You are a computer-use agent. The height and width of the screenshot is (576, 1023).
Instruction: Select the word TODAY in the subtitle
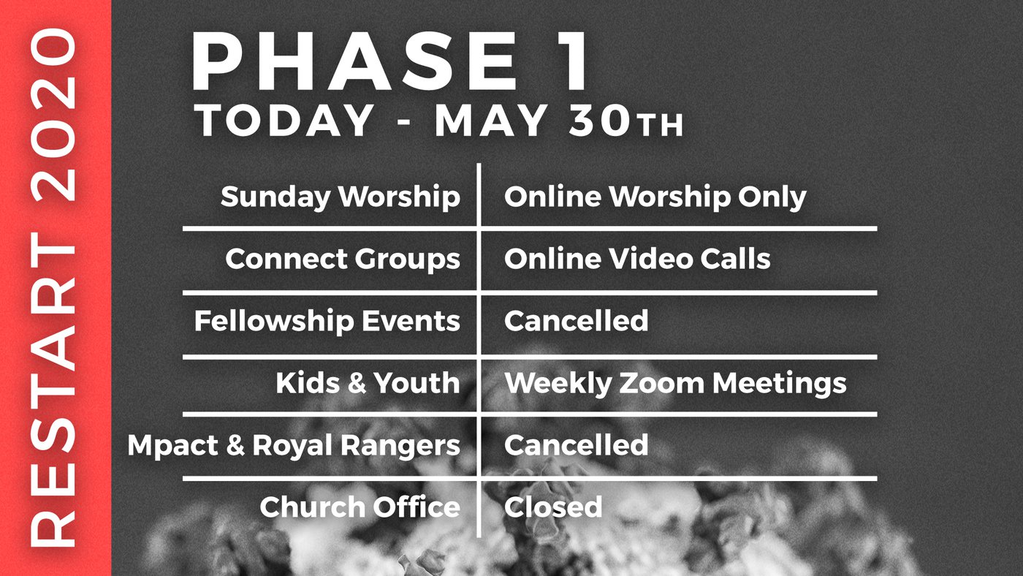[x=284, y=120]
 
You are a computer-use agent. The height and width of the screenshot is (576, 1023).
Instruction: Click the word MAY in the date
[x=490, y=120]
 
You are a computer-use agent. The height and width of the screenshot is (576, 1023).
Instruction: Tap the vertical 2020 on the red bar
[x=53, y=115]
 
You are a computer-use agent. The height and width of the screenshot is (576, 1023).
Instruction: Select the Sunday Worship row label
[x=341, y=197]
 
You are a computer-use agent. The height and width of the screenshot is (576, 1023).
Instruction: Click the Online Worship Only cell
[x=655, y=197]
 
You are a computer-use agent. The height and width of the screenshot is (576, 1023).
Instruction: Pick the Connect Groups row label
[x=343, y=259]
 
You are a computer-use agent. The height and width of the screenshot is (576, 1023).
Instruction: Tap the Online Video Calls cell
[x=637, y=259]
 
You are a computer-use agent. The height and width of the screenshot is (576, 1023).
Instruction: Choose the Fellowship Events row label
[x=327, y=321]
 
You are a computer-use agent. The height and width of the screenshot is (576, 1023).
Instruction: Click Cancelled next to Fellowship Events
[x=576, y=320]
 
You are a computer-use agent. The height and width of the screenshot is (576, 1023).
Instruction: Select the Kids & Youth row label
[x=368, y=383]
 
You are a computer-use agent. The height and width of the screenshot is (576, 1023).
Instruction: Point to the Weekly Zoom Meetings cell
[x=675, y=384]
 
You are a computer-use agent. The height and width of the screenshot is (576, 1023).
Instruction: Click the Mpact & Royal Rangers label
[x=294, y=446]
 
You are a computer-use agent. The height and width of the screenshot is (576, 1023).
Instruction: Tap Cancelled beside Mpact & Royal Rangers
[x=576, y=444]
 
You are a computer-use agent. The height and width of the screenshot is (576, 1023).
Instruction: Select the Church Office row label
[x=360, y=507]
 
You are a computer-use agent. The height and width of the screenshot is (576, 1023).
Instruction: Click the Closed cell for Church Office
[x=553, y=507]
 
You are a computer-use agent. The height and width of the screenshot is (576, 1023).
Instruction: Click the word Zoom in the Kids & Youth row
[x=662, y=383]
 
